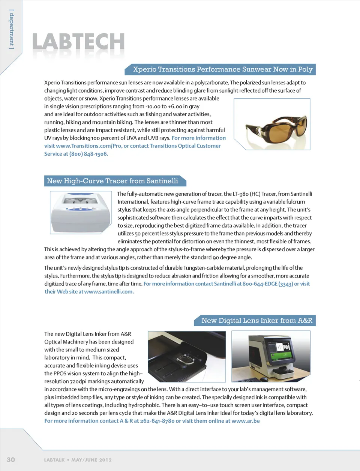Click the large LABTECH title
[78, 42]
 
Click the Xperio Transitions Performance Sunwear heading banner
[222, 69]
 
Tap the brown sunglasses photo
[272, 124]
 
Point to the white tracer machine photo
[81, 212]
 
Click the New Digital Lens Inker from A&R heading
[256, 321]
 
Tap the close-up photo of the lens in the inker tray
[187, 356]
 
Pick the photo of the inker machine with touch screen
[271, 356]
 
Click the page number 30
[11, 460]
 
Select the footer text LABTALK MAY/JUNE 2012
[78, 460]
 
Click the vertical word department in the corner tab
[12, 29]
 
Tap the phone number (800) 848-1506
[89, 154]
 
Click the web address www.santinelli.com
[109, 292]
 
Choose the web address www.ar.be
[246, 421]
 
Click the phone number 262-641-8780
[157, 421]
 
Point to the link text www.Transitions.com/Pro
[88, 146]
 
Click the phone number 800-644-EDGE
[260, 284]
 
